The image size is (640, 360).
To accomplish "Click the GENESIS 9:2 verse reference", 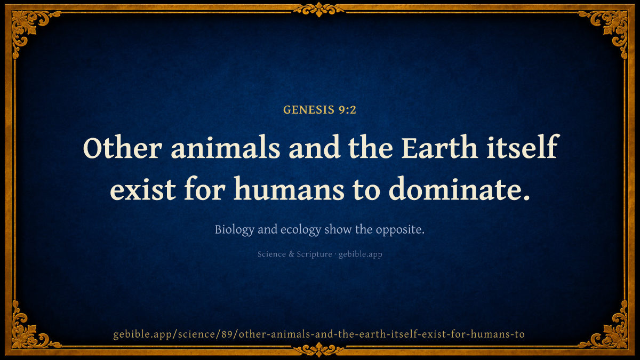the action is (319, 110).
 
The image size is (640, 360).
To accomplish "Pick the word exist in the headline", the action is (143, 189).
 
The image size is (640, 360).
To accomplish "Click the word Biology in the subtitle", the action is (234, 230).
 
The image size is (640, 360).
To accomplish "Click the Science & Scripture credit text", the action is (294, 254).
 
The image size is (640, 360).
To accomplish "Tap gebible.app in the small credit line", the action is (361, 254).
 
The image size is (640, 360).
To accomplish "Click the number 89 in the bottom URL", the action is (227, 334).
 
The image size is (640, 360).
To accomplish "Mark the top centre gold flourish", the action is (319, 9).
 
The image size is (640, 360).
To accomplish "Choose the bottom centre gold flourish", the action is (319, 349).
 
